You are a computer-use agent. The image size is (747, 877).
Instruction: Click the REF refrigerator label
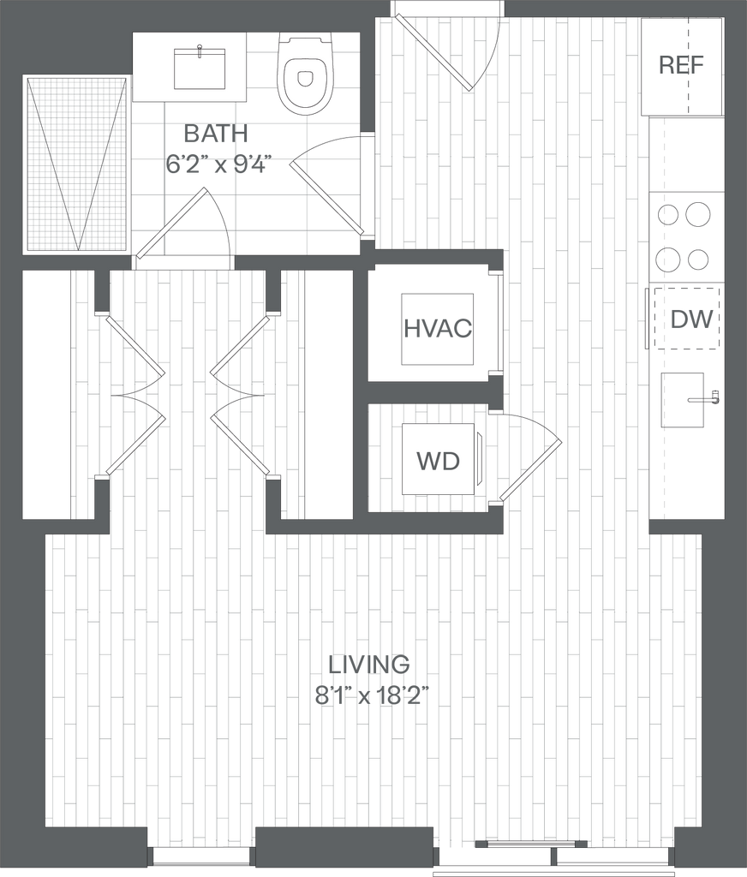coord(681,65)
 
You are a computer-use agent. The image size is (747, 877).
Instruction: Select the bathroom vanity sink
coord(200,69)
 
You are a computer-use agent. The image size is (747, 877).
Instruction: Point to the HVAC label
coord(437,328)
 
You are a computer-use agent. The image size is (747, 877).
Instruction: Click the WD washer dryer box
coord(439,460)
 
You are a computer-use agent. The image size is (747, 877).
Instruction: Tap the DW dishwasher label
coord(692,321)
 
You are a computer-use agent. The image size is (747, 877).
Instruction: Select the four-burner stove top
coord(686,235)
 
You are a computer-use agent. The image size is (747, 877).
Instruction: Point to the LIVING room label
coord(371,663)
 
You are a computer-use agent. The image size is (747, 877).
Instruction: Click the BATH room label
coord(216,134)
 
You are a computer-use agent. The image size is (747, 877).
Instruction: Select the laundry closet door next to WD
coord(530,470)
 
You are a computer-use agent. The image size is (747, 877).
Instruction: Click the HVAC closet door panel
coord(499,322)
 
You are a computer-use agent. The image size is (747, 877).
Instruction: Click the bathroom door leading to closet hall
coord(172,223)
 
